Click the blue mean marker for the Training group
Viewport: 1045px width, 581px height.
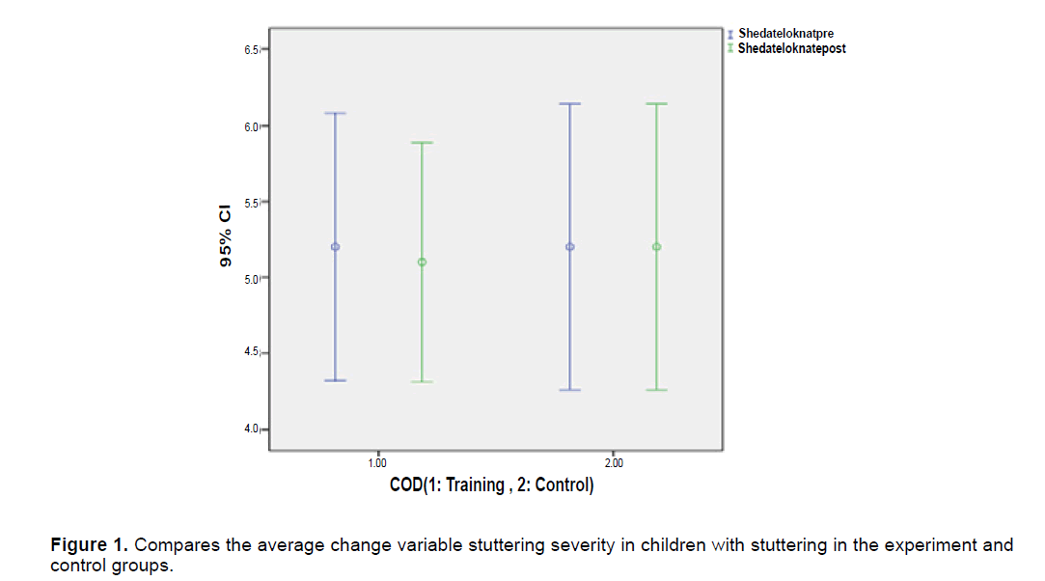click(336, 247)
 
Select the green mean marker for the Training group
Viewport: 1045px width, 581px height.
click(422, 262)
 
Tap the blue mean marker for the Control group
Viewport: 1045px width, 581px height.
click(570, 247)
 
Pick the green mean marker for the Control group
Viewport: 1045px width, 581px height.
click(656, 247)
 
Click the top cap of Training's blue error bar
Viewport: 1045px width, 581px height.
click(336, 113)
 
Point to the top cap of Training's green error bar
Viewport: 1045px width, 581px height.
click(422, 143)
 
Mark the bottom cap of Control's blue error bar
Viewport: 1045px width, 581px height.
click(570, 390)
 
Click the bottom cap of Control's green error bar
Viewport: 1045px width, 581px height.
click(656, 390)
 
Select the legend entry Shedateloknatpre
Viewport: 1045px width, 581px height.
click(784, 34)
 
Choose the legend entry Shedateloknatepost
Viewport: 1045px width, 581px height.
click(791, 48)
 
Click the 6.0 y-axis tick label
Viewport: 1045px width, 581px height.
click(250, 126)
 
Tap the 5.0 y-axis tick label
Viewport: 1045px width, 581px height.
click(250, 279)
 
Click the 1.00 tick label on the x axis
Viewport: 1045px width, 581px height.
click(377, 463)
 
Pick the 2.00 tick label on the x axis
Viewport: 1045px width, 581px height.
click(613, 463)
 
